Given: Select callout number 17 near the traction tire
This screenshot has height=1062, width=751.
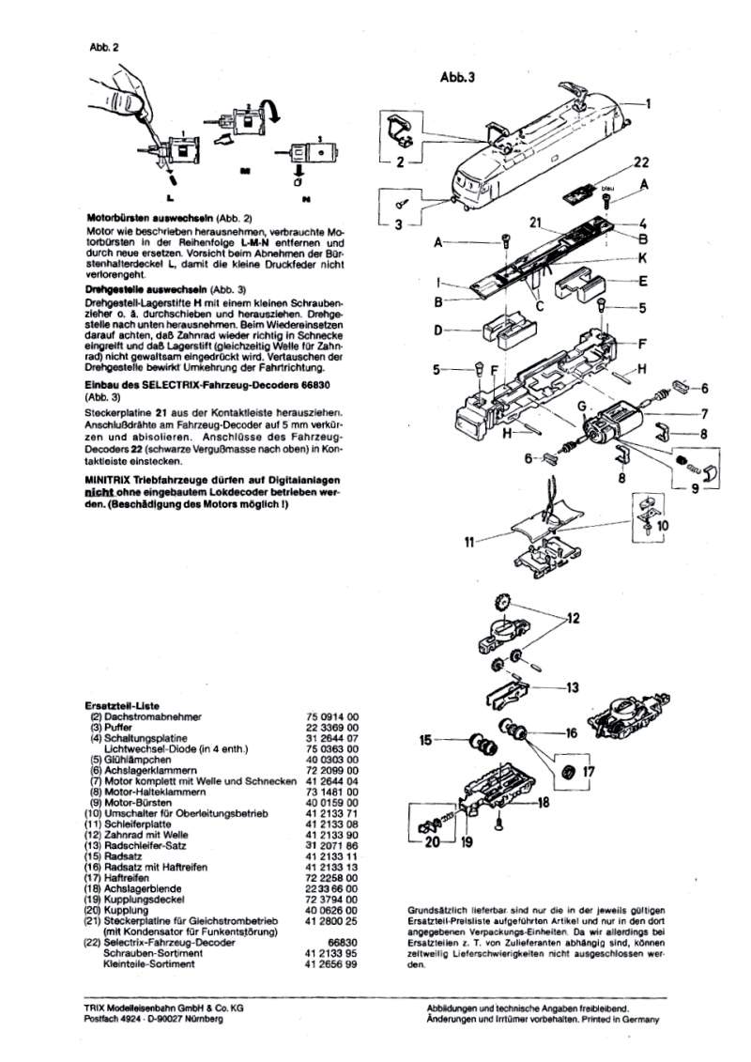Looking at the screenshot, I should tap(589, 773).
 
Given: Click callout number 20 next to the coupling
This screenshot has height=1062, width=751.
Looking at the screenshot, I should tap(431, 842).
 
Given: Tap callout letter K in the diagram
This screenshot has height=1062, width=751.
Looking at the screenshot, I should tap(643, 256).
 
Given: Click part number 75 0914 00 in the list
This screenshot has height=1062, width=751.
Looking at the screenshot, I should tap(332, 715).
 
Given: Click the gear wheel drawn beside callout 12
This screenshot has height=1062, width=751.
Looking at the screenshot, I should tap(500, 602).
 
